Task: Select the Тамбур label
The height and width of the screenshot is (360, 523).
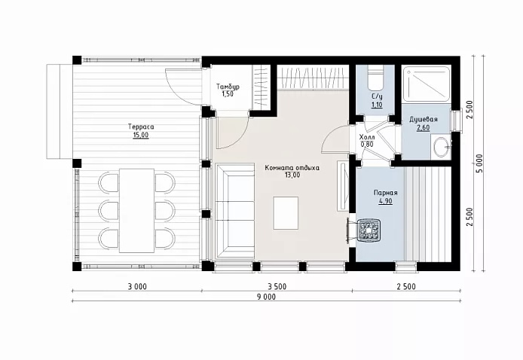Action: (228, 87)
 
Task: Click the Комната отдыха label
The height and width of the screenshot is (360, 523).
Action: (292, 168)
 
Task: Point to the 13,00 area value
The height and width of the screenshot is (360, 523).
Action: (292, 175)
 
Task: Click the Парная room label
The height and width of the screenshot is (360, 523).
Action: (385, 193)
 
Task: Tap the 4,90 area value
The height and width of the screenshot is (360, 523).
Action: (385, 201)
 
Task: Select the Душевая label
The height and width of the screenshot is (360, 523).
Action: (424, 119)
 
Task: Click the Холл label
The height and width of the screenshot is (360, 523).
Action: (367, 137)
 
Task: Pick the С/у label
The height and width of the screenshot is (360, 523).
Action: (377, 96)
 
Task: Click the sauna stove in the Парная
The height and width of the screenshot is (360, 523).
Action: (369, 230)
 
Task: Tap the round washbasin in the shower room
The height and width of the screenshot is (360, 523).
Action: (441, 146)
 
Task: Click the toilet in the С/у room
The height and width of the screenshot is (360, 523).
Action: (375, 78)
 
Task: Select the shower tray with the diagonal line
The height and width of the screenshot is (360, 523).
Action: (427, 84)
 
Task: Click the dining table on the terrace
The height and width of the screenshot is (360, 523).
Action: (136, 210)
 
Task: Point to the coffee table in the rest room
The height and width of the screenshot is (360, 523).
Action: (286, 212)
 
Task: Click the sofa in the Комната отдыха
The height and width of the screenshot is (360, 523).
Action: (235, 211)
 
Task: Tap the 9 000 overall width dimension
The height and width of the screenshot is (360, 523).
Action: (266, 297)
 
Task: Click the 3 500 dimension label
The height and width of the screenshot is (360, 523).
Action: (277, 286)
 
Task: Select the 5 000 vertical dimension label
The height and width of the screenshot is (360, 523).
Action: (479, 163)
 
